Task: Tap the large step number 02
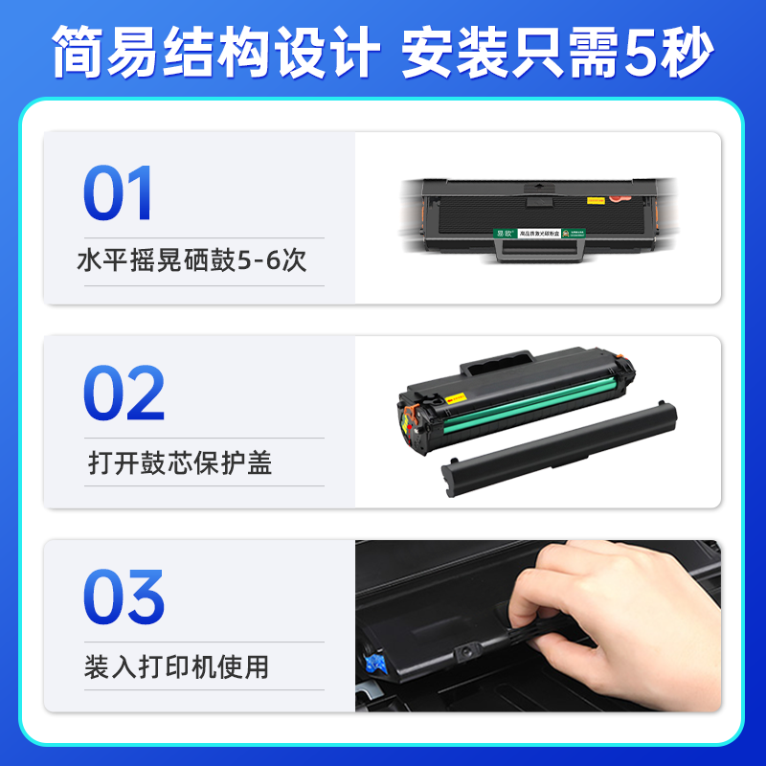(x=124, y=394)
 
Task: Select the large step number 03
(x=124, y=597)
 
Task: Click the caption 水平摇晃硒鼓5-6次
(x=191, y=260)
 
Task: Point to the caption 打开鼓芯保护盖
(x=180, y=462)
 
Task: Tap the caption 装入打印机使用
(x=176, y=665)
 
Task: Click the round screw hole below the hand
(x=465, y=653)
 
